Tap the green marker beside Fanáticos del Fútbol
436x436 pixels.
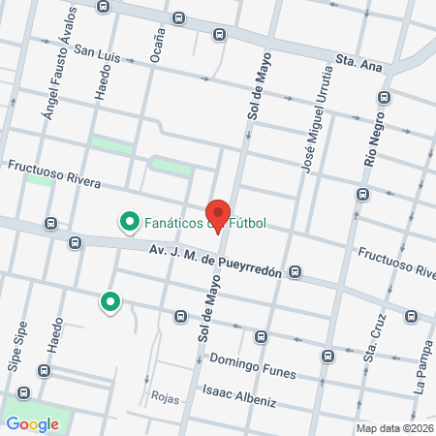[128, 223]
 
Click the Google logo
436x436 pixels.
[33, 423]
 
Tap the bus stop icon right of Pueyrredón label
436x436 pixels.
[295, 271]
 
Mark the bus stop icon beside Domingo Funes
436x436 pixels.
[327, 355]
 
